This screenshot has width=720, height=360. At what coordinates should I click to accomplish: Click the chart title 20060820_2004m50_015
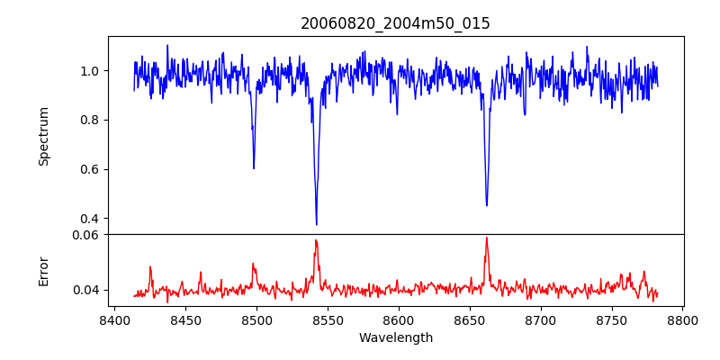pos(395,23)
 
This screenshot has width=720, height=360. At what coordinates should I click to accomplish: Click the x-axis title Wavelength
pos(395,337)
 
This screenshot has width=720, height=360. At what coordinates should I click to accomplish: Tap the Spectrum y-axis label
pos(43,136)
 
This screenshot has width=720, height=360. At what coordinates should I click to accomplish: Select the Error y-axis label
pos(43,271)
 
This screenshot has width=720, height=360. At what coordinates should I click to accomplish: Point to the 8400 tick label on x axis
pos(114,319)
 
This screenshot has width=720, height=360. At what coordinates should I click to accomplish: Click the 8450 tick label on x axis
pos(185,319)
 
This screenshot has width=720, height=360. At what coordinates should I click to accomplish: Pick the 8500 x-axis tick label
pos(256,319)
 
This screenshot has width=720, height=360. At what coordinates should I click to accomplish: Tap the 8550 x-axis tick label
pos(328,319)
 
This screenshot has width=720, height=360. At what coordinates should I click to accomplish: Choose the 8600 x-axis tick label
pos(399,319)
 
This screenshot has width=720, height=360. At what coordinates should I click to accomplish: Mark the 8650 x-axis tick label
pos(470,319)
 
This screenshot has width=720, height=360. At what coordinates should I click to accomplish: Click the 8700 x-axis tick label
pos(540,319)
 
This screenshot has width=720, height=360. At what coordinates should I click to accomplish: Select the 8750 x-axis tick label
pos(611,319)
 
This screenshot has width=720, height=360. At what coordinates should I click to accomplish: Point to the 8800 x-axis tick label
pos(682,319)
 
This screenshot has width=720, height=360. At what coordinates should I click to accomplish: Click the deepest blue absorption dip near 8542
pos(316,224)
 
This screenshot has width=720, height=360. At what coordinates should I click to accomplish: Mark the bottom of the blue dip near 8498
pos(254,167)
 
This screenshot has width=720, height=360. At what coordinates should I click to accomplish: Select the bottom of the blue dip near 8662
pos(487,205)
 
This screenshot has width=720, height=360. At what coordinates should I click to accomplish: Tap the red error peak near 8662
pos(486,238)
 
